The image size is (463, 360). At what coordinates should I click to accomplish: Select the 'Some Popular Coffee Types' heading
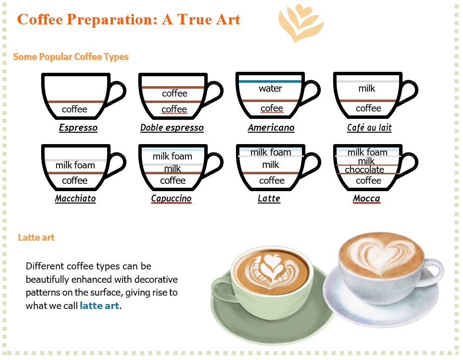coord(71,56)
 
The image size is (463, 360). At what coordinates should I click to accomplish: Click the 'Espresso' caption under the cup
coord(78,127)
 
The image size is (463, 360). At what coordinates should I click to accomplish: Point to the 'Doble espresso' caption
coord(172,127)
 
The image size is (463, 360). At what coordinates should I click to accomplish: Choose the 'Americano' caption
coord(271,127)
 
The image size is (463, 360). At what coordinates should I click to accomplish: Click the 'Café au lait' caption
coord(369,127)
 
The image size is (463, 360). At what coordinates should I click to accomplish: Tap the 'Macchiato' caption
coord(75,198)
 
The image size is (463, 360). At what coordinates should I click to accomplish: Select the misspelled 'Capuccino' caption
coord(171,198)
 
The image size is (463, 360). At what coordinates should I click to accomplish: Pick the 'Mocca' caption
coord(366,198)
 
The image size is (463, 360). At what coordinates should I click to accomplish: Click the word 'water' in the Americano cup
coord(271,88)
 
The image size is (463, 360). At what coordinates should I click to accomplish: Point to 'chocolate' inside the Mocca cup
coord(364,170)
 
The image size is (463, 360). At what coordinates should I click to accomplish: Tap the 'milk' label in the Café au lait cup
coord(367,88)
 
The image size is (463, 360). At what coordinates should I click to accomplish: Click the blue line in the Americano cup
coord(270,81)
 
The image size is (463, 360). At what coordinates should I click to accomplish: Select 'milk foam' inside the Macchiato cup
coord(75,165)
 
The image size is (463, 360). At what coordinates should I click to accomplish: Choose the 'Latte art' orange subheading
coord(36,237)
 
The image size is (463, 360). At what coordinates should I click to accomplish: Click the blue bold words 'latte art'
coord(100,306)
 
